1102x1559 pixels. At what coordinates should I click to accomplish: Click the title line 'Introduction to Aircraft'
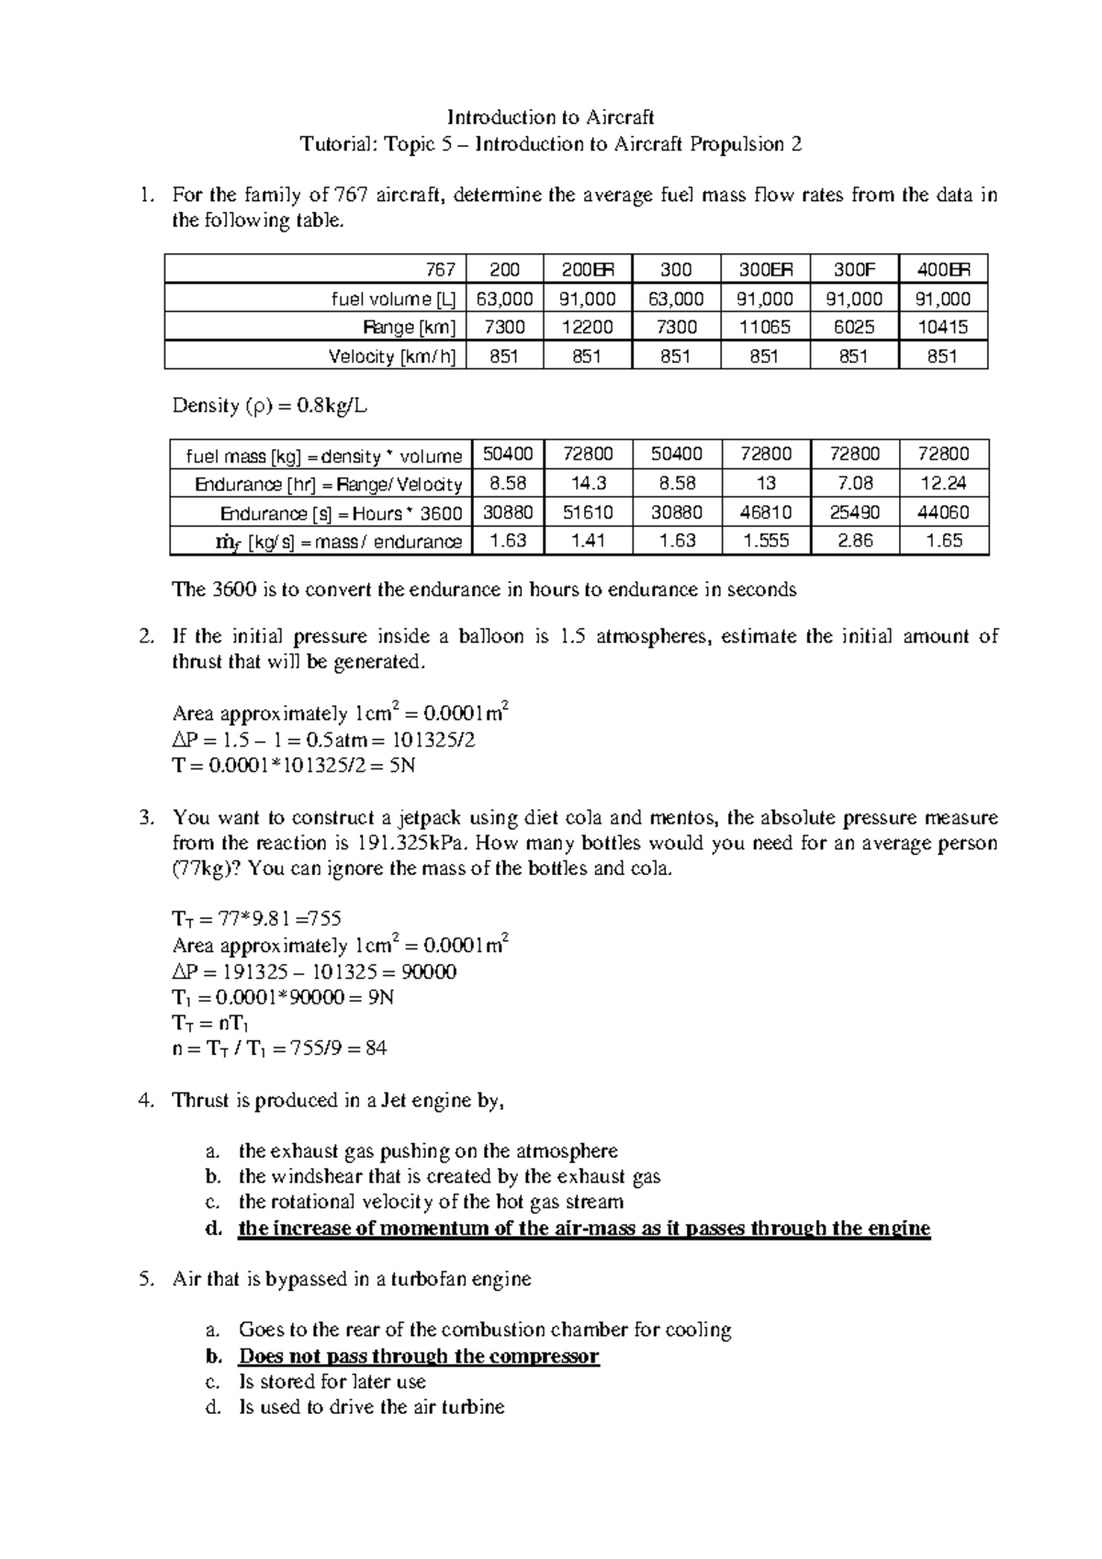tap(550, 118)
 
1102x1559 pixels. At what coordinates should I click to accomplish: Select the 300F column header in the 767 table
tap(853, 270)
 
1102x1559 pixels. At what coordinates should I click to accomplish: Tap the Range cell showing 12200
tap(587, 327)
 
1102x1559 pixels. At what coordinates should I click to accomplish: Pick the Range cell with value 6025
tap(853, 327)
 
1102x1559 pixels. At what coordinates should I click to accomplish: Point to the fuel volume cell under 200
tap(504, 298)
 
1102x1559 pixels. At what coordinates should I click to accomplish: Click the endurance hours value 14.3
tap(587, 483)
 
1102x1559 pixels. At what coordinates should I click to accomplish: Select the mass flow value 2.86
tap(855, 541)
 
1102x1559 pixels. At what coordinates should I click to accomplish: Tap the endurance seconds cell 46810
tap(765, 512)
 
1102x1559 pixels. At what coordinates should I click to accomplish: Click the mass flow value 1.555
tap(765, 541)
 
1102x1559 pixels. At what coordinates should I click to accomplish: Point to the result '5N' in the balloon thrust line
tap(402, 765)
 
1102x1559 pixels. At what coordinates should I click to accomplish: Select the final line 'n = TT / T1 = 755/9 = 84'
tap(279, 1049)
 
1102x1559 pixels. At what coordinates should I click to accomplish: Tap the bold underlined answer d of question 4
tap(583, 1228)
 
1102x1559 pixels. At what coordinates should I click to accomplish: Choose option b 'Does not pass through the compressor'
tap(418, 1356)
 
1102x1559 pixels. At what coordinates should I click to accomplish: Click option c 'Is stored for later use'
tap(332, 1382)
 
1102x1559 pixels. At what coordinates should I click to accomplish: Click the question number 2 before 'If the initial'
tap(144, 636)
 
